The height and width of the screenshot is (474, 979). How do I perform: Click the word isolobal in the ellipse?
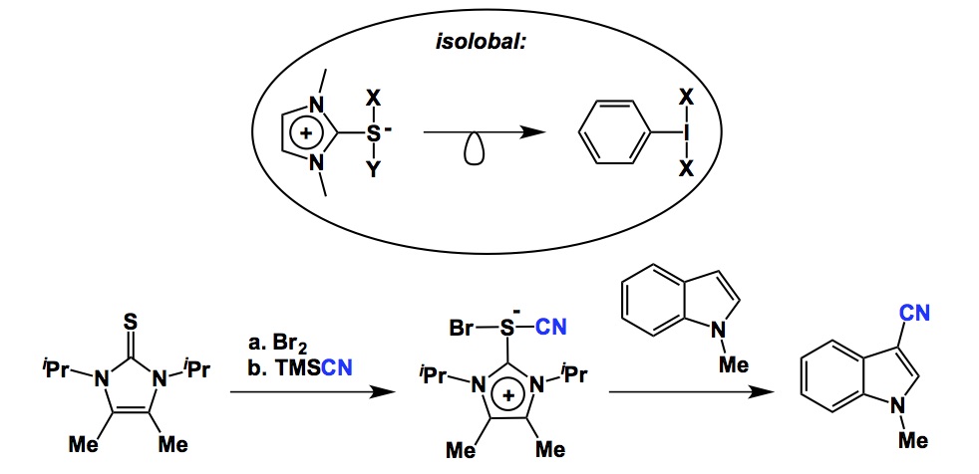coord(489,45)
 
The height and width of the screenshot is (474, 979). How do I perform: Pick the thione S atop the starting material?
coord(131,322)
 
